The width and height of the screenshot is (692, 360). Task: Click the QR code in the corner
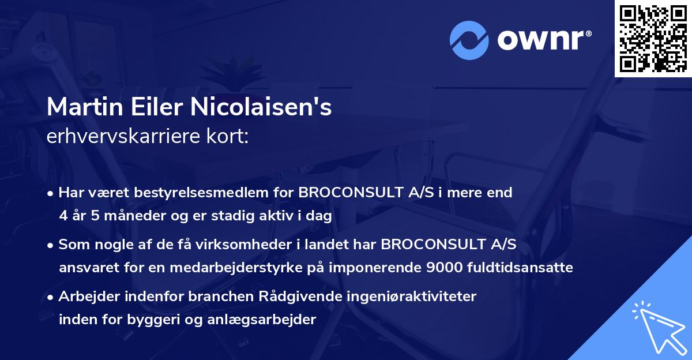point(653,39)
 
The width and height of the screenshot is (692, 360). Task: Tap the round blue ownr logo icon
point(469,40)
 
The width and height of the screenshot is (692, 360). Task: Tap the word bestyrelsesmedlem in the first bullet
point(223,193)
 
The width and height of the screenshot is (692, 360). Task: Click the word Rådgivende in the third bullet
point(314,297)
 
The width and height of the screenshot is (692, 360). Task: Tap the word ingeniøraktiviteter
point(412,297)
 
